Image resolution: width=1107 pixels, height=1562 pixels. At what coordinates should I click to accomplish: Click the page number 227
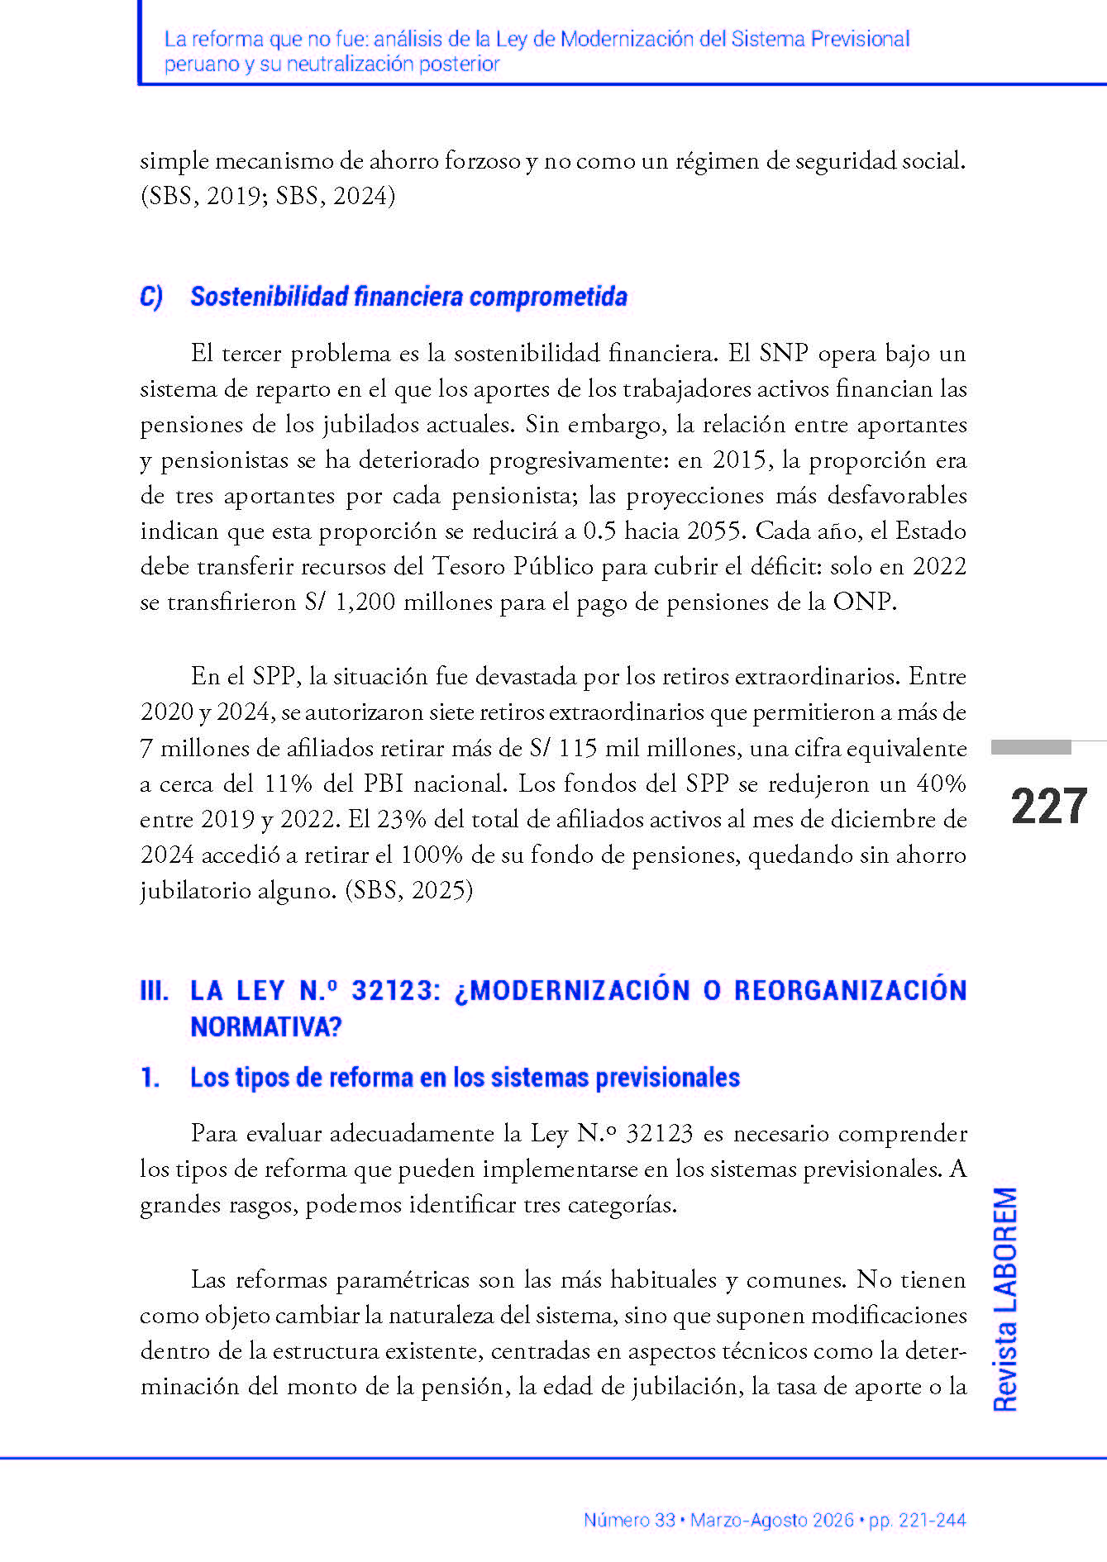1048,807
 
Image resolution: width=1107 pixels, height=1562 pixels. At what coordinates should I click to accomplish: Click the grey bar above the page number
1031,747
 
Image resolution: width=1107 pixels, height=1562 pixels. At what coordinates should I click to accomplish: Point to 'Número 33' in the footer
629,1520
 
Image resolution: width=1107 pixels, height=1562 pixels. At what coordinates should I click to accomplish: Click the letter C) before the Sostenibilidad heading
151,297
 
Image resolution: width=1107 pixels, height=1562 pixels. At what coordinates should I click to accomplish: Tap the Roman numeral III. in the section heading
155,990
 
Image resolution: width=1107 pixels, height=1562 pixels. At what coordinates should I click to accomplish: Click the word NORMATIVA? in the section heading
266,1026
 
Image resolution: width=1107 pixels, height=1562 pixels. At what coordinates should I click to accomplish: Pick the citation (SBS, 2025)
409,890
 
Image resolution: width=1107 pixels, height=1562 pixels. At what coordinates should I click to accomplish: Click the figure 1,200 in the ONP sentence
365,602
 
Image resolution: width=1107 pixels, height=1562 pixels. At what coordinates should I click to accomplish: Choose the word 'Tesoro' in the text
469,566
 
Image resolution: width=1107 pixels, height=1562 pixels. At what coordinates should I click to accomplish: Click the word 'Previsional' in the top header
860,39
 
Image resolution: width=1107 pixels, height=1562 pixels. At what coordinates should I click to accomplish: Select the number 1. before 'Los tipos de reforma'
150,1078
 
